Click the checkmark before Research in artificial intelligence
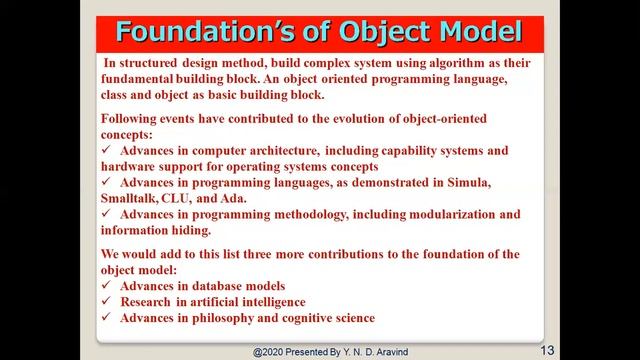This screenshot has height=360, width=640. pyautogui.click(x=108, y=301)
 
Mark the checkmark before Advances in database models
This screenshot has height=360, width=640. pyautogui.click(x=108, y=286)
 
